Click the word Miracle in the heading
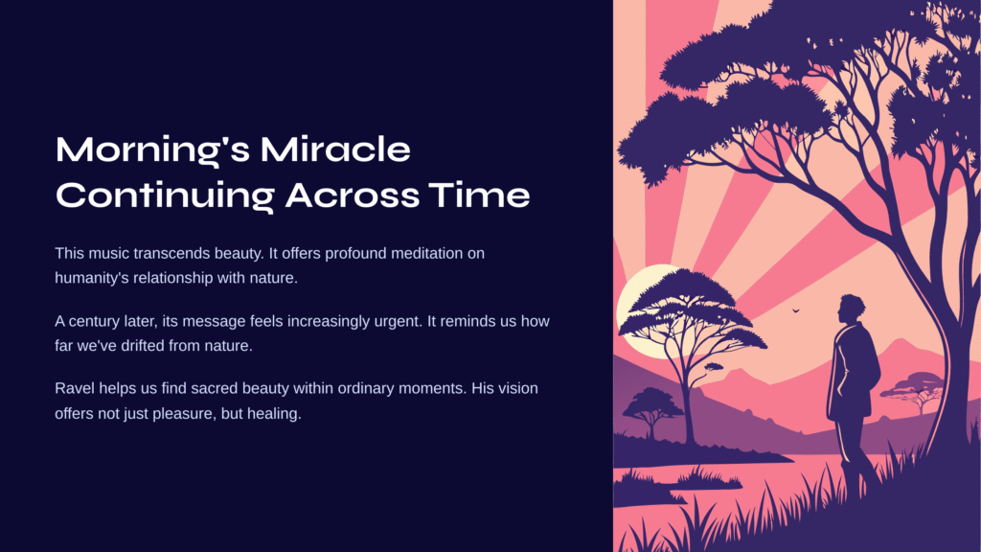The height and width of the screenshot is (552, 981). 335,149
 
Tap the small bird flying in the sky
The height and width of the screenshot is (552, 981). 796,310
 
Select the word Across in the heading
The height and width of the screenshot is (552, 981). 352,195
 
